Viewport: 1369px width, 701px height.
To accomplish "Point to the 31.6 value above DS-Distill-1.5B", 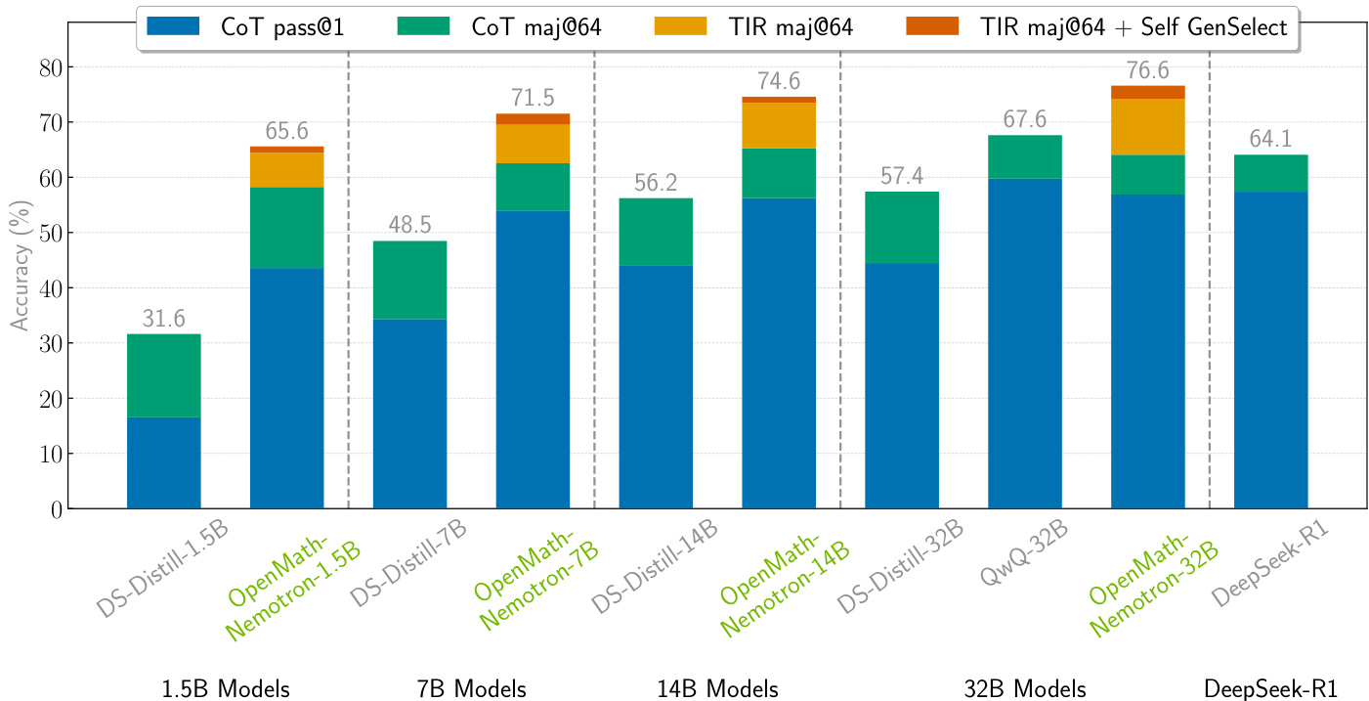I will point(163,319).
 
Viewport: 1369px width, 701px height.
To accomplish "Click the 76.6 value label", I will point(1147,70).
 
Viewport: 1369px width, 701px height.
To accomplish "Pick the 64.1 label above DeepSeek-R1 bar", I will point(1270,140).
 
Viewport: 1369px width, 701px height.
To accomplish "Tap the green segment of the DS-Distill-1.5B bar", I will point(163,375).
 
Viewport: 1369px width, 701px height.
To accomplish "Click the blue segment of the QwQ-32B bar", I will point(1024,342).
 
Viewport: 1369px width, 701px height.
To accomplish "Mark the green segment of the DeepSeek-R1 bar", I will point(1270,173).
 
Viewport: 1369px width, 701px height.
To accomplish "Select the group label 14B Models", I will point(718,688).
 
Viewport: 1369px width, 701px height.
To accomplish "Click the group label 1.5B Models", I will point(226,688).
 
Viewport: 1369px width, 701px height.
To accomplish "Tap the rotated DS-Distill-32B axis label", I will point(901,569).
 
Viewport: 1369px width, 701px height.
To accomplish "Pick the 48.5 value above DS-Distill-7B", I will point(409,226).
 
